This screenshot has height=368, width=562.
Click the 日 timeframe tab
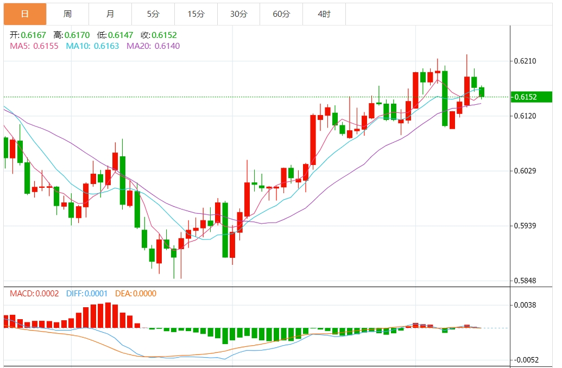click(24, 14)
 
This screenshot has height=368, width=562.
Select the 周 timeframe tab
click(67, 14)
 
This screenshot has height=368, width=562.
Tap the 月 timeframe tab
click(110, 14)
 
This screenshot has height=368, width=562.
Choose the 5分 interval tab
click(153, 14)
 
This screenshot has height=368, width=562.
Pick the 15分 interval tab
click(196, 14)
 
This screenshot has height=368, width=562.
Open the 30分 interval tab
click(238, 14)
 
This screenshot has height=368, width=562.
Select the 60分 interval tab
click(281, 14)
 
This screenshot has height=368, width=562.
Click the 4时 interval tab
click(324, 14)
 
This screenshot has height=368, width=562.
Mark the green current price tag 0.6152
click(532, 97)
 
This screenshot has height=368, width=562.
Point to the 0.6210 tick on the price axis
click(525, 61)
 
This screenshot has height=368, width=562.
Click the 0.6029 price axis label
click(525, 171)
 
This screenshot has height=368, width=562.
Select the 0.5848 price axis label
click(525, 281)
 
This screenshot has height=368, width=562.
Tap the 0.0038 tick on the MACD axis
click(525, 305)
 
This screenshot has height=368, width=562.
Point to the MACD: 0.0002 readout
click(34, 294)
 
